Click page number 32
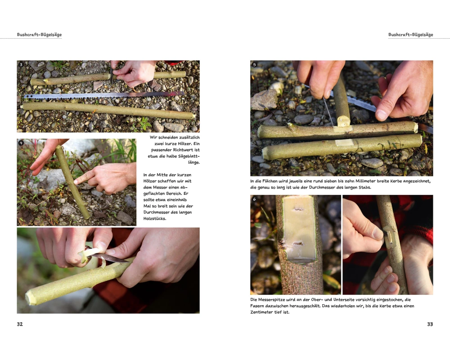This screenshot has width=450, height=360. click(19, 324)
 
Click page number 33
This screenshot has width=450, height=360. click(430, 324)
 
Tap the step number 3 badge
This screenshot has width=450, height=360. click(21, 65)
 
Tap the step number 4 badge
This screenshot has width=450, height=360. click(21, 143)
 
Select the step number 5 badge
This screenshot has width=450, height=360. click(254, 65)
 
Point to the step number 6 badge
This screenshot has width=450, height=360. click(254, 199)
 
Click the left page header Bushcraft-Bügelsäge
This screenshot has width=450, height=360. click(39, 35)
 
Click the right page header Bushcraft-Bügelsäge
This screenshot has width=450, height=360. click(411, 35)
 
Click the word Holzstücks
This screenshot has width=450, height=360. click(155, 218)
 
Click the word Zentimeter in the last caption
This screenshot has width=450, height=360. click(262, 312)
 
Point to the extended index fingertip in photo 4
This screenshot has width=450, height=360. click(76, 181)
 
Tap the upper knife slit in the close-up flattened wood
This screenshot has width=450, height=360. click(298, 209)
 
